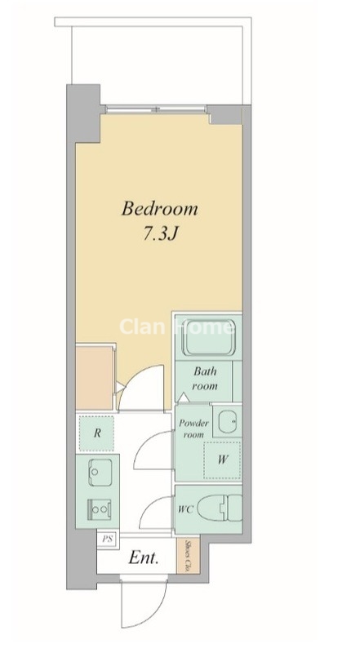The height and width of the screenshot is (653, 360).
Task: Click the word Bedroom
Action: [159, 208]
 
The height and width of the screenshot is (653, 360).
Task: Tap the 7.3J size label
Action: [161, 234]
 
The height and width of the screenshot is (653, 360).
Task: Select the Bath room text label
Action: [205, 378]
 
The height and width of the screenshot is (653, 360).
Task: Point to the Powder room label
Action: [193, 429]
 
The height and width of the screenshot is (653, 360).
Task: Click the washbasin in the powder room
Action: [228, 421]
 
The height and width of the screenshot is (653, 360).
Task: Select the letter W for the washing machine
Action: [223, 460]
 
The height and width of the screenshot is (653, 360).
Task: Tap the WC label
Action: [185, 509]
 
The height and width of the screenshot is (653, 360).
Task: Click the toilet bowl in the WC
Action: [219, 508]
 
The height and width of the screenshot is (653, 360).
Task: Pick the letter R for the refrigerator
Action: [97, 433]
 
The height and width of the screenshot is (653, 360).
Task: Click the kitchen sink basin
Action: [100, 472]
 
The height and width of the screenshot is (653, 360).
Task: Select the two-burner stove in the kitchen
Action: [100, 509]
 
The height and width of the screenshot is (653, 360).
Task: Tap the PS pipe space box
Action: [108, 539]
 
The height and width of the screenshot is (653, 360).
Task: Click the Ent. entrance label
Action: [144, 557]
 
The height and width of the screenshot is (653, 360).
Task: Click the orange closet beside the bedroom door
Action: [94, 377]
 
